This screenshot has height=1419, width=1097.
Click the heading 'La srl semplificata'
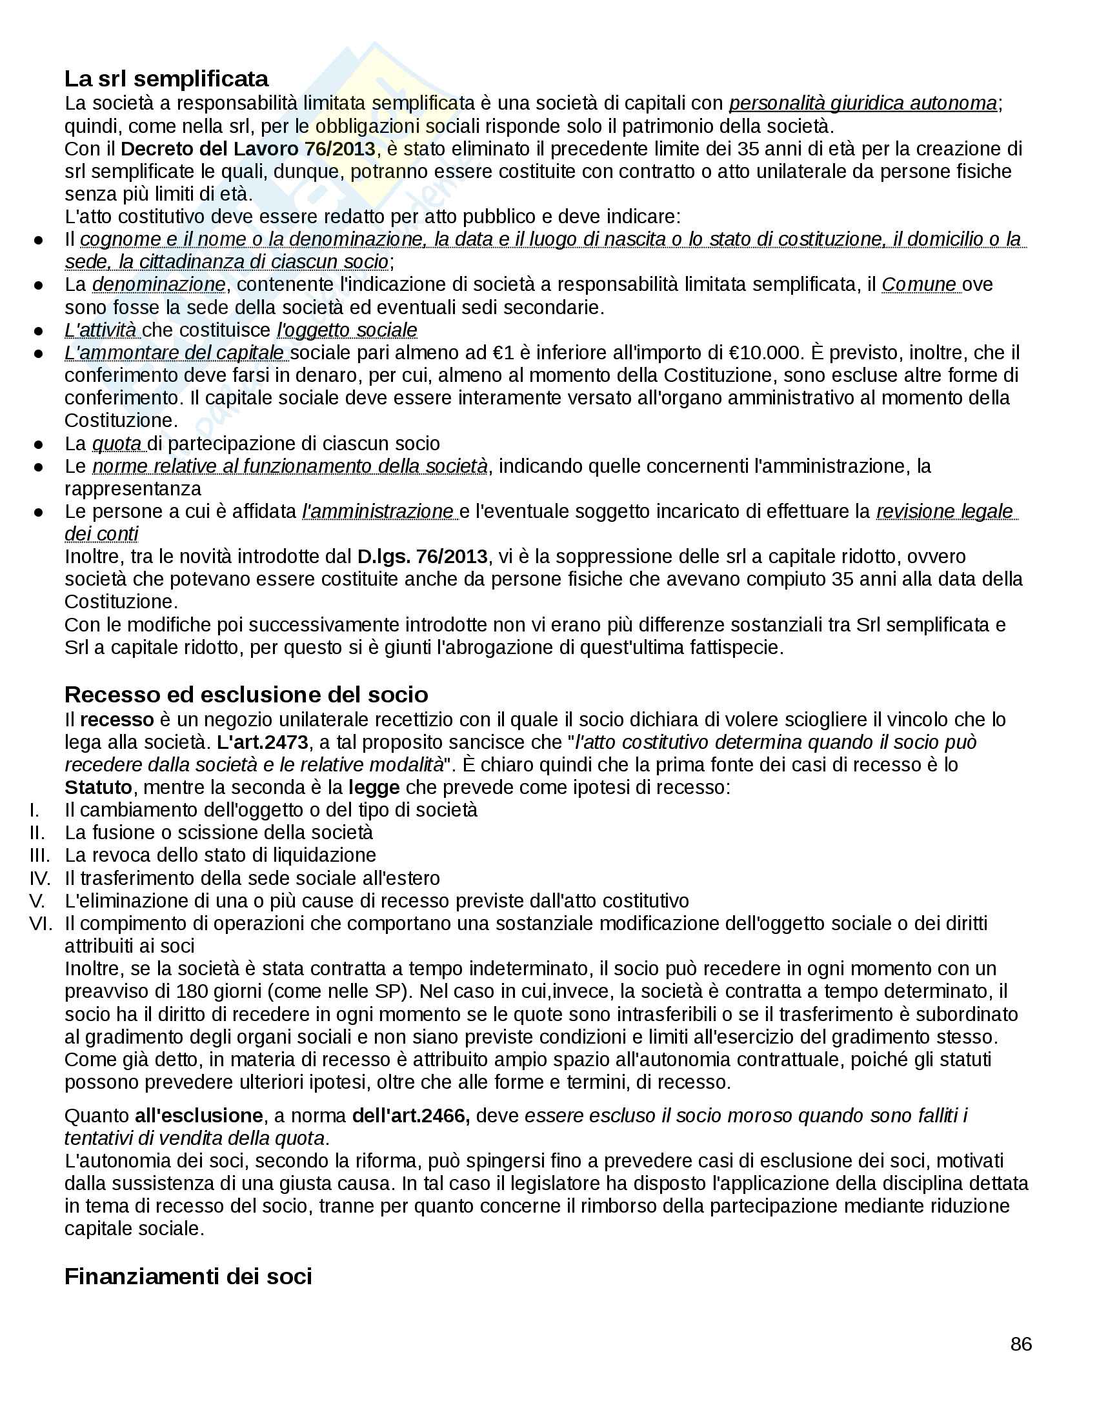coord(166,79)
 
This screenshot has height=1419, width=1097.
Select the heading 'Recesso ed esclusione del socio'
coord(246,695)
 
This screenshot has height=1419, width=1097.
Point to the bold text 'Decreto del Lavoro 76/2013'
coord(248,149)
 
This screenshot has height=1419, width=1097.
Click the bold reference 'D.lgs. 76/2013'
coord(422,556)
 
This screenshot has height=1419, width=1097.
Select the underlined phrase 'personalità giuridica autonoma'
coord(862,103)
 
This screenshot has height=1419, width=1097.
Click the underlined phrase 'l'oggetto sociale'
coord(347,330)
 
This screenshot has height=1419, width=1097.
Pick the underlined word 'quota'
coord(117,444)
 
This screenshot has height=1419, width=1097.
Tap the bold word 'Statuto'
coord(98,788)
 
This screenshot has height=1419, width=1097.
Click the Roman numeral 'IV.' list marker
coord(40,878)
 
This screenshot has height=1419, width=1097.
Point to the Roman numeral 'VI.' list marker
coord(40,923)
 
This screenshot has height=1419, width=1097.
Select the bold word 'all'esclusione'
coord(198,1116)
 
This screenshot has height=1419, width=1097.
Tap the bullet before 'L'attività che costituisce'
coord(38,331)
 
